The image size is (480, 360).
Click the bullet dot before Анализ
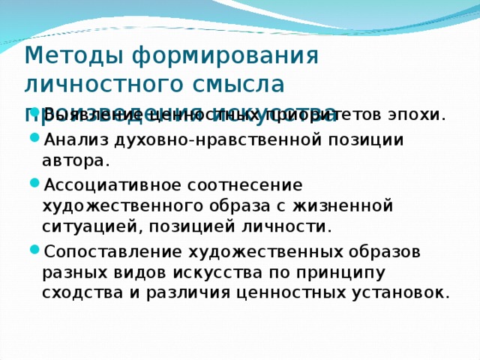36,140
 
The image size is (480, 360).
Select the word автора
76,160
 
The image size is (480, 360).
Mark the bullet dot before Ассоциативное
36,184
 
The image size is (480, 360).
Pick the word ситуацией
80,226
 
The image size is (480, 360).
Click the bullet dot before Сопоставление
36,250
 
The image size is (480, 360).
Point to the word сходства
78,292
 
